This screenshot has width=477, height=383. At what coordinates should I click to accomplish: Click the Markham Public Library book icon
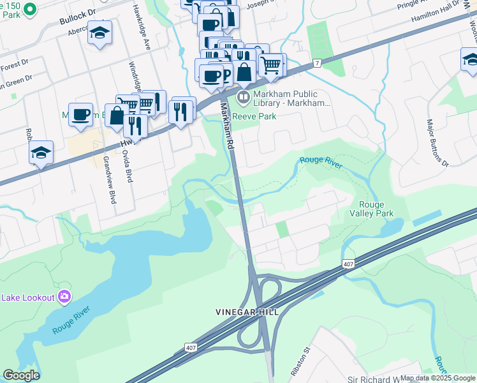click(243, 98)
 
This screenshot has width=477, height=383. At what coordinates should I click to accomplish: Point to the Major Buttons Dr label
click(438, 142)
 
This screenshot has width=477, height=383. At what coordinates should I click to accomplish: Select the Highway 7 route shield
click(316, 63)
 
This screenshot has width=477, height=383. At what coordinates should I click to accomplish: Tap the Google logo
click(21, 375)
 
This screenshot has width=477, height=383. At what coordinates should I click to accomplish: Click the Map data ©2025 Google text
click(437, 378)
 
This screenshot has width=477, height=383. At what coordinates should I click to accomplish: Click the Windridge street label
click(135, 77)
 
